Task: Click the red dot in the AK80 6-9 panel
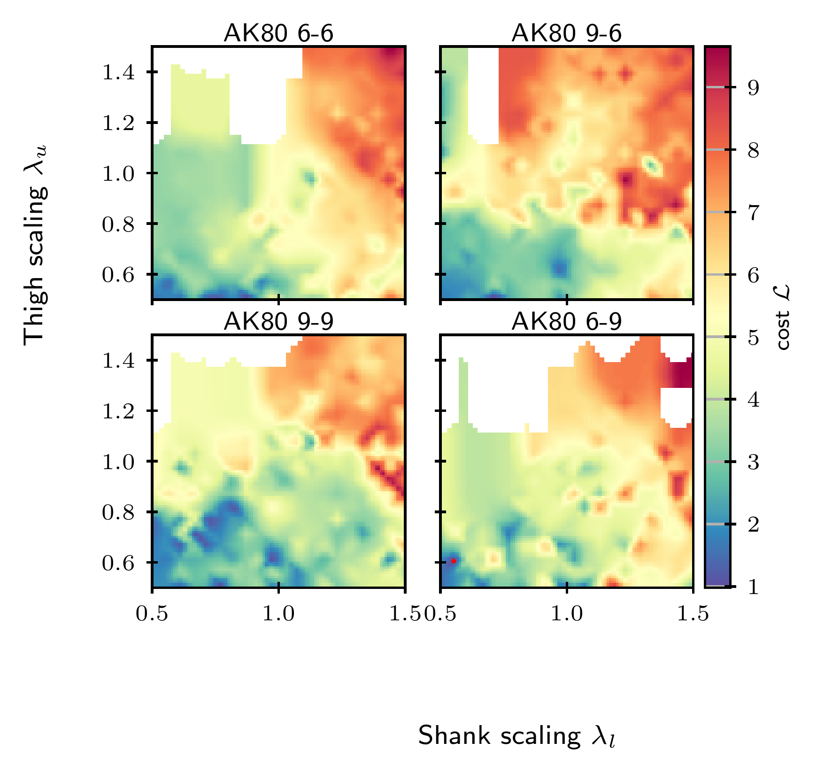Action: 454,561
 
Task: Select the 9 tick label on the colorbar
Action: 753,88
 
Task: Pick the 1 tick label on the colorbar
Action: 753,587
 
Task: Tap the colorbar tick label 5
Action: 753,338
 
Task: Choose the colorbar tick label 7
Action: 753,213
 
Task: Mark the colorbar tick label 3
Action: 753,463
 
